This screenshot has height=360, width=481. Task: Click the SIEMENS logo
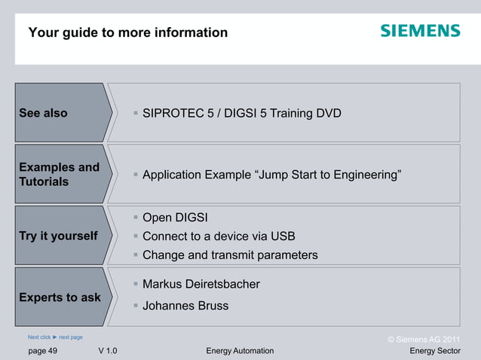pyautogui.click(x=420, y=31)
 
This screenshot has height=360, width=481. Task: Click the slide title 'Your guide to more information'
pyautogui.click(x=127, y=33)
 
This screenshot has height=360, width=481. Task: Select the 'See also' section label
pyautogui.click(x=43, y=114)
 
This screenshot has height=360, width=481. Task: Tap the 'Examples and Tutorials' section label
pyautogui.click(x=59, y=175)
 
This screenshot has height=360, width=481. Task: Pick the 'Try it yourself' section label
pyautogui.click(x=58, y=236)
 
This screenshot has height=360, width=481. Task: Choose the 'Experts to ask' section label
pyautogui.click(x=60, y=297)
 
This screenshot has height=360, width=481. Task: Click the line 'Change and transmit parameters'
pyautogui.click(x=230, y=255)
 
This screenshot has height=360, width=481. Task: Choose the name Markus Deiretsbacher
pyautogui.click(x=201, y=285)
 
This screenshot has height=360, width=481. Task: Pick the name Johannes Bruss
pyautogui.click(x=185, y=306)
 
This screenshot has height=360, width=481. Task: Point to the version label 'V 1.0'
pyautogui.click(x=107, y=351)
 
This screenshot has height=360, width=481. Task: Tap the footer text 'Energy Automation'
pyautogui.click(x=240, y=351)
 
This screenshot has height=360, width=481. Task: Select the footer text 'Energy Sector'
pyautogui.click(x=435, y=351)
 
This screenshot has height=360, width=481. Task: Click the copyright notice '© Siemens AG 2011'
pyautogui.click(x=423, y=340)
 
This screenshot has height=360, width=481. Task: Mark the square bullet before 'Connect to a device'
pyautogui.click(x=136, y=236)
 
